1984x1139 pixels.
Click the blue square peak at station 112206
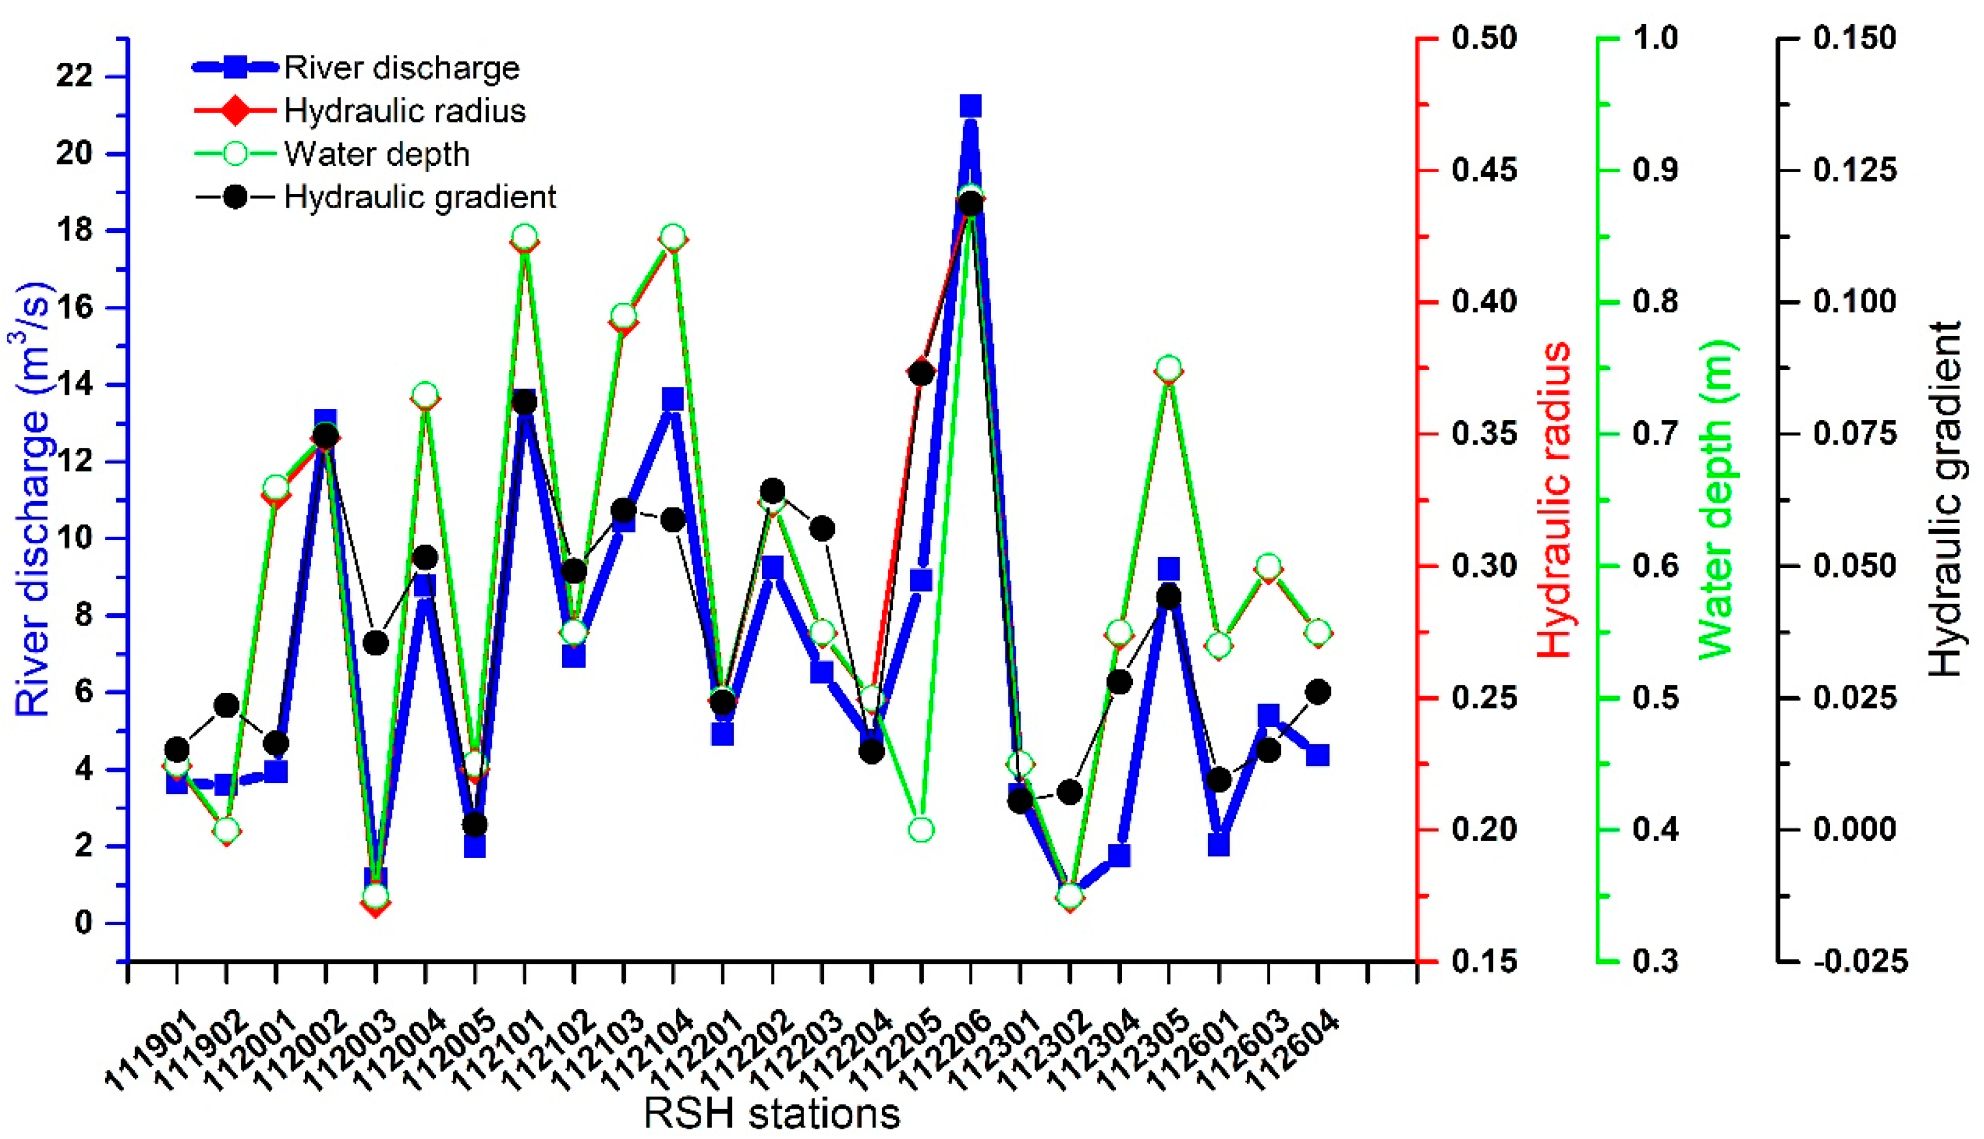[x=971, y=106]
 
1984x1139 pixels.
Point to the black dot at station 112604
[x=1318, y=692]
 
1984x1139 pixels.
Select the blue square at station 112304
[x=1120, y=856]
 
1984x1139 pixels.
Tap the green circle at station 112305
[x=1169, y=368]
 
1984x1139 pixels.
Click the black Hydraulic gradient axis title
[x=1945, y=501]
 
